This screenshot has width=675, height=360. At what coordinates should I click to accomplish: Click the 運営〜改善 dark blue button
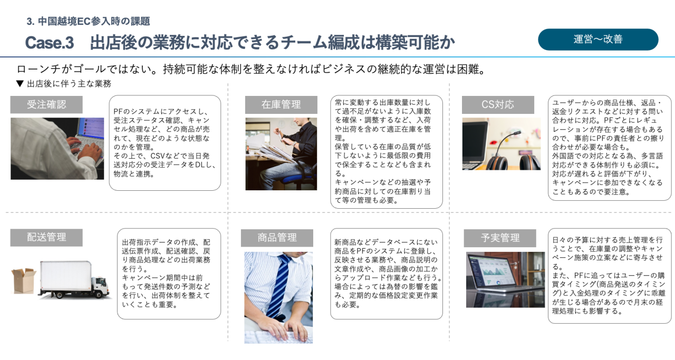(x=598, y=40)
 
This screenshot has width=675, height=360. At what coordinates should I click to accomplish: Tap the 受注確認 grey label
(x=46, y=104)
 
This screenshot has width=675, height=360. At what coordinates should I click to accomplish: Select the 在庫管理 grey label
(x=281, y=104)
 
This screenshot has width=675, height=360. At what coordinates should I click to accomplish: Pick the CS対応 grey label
(x=498, y=104)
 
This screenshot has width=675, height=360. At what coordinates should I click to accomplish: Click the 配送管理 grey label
(x=46, y=237)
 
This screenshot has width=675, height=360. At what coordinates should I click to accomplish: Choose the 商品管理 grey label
(x=277, y=238)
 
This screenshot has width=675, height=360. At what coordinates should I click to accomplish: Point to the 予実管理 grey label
(x=500, y=238)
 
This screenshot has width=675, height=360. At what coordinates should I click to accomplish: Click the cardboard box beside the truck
(x=23, y=280)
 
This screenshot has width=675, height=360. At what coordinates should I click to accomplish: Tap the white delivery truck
(x=74, y=280)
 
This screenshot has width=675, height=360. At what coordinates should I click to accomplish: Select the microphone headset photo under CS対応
(x=501, y=144)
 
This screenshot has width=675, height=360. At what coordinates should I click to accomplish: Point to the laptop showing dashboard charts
(x=505, y=279)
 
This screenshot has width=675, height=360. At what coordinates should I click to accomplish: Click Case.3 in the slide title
(x=49, y=43)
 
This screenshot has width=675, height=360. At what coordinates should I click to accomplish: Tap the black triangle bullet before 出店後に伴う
(x=20, y=84)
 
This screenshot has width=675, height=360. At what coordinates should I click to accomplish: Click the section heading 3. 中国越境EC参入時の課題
(x=88, y=22)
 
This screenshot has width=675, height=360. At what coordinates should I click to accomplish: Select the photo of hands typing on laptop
(x=57, y=149)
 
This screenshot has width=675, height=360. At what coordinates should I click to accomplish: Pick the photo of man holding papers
(x=281, y=153)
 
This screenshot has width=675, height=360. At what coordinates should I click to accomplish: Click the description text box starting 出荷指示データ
(x=169, y=274)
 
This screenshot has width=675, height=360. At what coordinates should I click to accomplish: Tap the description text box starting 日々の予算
(x=610, y=276)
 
